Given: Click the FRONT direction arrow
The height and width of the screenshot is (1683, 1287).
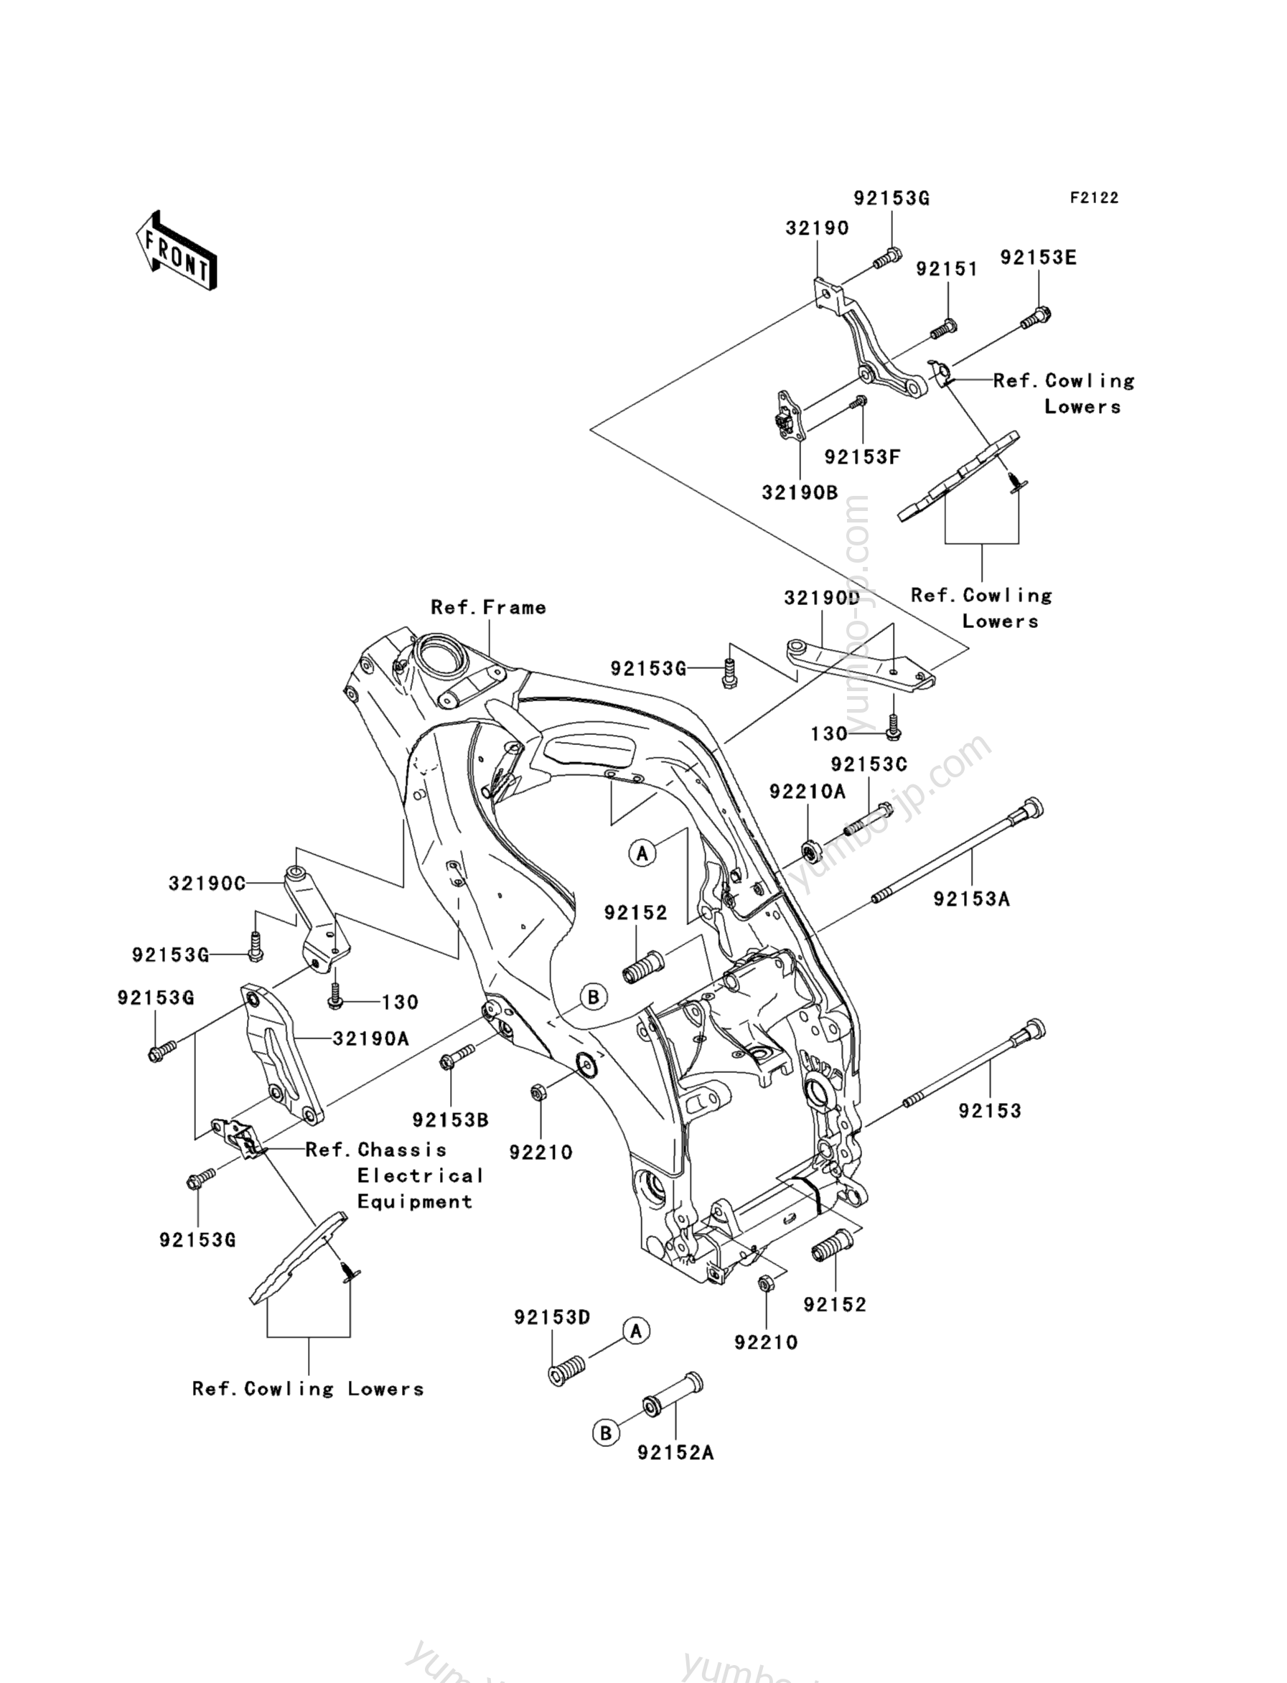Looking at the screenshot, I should [174, 250].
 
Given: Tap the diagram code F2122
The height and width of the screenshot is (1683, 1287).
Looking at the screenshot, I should [1094, 197].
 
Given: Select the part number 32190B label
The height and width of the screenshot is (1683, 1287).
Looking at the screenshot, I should [800, 492].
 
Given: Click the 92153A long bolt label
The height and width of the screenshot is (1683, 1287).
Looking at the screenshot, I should [971, 899].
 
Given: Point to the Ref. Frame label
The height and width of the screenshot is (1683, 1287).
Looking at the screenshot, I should [489, 607].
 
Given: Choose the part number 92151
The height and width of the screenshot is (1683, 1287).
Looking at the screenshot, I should [947, 269].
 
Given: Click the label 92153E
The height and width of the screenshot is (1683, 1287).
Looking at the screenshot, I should [1038, 258].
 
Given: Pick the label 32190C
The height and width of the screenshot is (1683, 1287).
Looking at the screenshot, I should [207, 884].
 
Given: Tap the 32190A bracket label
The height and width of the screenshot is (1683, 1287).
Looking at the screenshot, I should [371, 1039].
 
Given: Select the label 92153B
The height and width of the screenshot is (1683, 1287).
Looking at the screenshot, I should [451, 1120].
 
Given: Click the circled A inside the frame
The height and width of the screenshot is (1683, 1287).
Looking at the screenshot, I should [642, 852].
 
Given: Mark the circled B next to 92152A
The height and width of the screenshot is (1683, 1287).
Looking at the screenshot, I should [605, 1433].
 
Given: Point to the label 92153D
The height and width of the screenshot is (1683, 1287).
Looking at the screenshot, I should [551, 1318].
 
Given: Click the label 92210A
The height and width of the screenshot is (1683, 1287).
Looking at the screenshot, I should [808, 792].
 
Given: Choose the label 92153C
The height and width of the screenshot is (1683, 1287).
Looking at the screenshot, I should [869, 764].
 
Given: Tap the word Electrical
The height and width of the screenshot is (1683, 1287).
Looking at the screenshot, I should [420, 1176].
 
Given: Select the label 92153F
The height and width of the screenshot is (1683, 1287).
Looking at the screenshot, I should [862, 457].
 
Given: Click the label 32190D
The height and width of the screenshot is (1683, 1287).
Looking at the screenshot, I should [822, 599].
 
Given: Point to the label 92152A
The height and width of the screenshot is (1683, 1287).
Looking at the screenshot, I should [675, 1453].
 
